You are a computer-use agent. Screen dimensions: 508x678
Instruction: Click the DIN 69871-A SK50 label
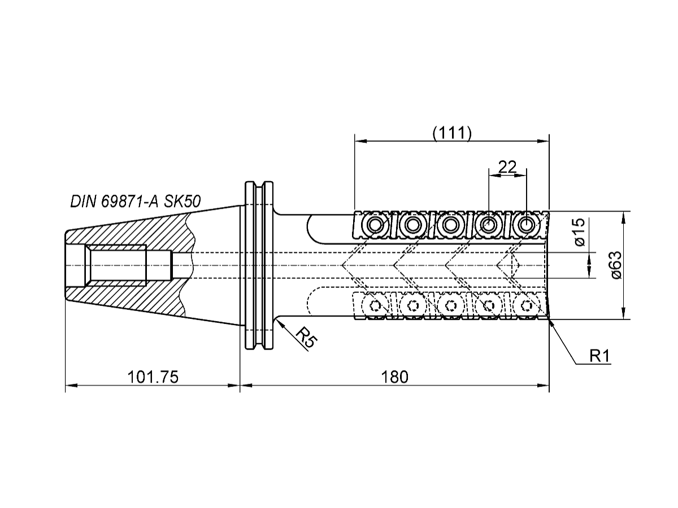135,202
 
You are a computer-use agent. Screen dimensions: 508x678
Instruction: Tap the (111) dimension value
451,133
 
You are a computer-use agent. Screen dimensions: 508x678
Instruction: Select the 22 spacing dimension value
507,167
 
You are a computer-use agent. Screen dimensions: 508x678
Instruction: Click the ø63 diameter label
616,265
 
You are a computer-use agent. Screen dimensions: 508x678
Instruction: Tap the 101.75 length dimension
153,377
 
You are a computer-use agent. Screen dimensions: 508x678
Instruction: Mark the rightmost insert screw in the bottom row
527,306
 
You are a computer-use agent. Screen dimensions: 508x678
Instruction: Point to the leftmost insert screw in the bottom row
374,306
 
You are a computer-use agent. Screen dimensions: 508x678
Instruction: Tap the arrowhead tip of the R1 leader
549,320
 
